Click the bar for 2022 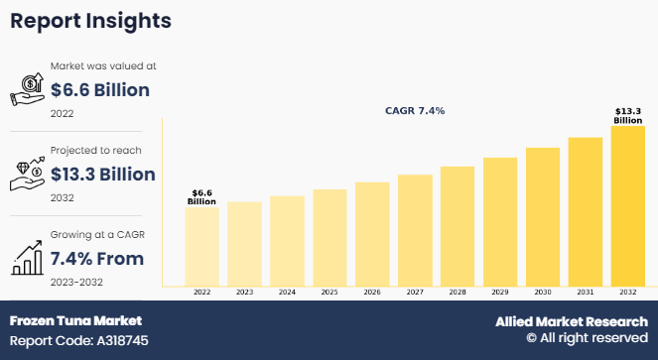tap(202, 246)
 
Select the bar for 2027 tap(415, 230)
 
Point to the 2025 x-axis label tap(329, 294)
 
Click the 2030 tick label tap(542, 294)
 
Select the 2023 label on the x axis tap(244, 294)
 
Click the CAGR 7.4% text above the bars tap(415, 111)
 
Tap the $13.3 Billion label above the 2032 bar tap(627, 115)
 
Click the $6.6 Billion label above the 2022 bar tap(202, 196)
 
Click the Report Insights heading tap(90, 21)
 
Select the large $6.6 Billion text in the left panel tap(99, 91)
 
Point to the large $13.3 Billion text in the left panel tap(102, 176)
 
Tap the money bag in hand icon tap(27, 90)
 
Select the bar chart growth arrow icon tap(27, 258)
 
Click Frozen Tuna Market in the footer tap(75, 321)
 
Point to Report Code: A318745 tap(80, 339)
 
